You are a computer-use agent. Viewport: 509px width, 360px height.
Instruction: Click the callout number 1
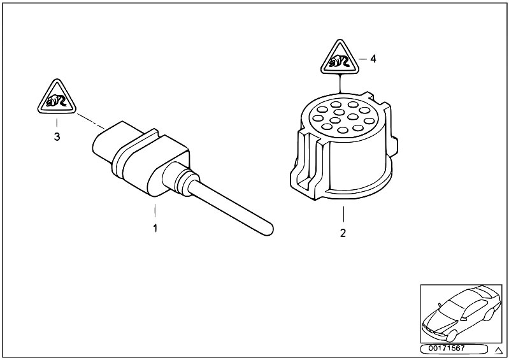(155, 228)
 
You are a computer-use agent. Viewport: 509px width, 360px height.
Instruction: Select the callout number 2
(343, 233)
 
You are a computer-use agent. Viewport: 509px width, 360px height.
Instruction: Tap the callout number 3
(57, 136)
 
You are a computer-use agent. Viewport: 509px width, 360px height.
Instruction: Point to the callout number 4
(373, 59)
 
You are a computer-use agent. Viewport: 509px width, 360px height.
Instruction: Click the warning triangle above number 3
(57, 97)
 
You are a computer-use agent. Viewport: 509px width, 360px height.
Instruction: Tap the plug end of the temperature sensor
(107, 143)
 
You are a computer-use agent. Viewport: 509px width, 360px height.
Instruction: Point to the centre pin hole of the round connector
(339, 112)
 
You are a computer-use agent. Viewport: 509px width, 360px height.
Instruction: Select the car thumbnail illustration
(461, 313)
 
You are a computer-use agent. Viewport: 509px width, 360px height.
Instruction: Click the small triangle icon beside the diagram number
(498, 350)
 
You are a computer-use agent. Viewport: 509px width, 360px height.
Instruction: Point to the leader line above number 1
(155, 210)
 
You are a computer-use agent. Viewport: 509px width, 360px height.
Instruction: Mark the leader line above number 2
(343, 214)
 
